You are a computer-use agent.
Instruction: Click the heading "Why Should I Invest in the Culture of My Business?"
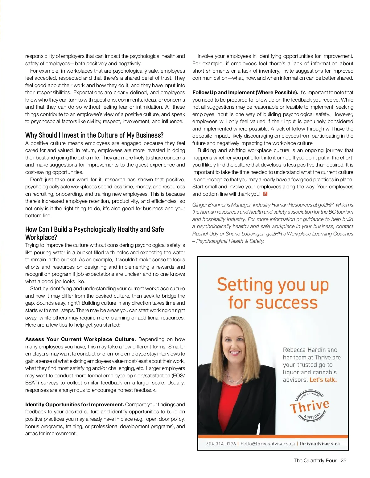(94, 135)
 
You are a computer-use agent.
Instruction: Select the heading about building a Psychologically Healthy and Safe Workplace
(94, 233)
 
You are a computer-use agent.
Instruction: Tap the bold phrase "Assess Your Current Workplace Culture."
(80, 339)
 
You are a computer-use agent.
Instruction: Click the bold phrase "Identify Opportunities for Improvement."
(75, 404)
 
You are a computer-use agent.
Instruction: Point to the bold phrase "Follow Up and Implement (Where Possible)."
(245, 92)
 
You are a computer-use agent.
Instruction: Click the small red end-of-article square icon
(265, 194)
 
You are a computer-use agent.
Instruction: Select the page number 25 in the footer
(343, 460)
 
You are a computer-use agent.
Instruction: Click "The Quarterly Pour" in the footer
(315, 460)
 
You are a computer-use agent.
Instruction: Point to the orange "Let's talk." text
(323, 380)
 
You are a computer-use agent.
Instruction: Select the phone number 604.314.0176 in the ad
(221, 444)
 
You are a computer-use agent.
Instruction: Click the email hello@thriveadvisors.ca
(268, 444)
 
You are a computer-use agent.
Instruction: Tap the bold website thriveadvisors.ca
(319, 444)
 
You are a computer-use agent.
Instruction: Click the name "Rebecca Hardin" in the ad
(302, 350)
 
